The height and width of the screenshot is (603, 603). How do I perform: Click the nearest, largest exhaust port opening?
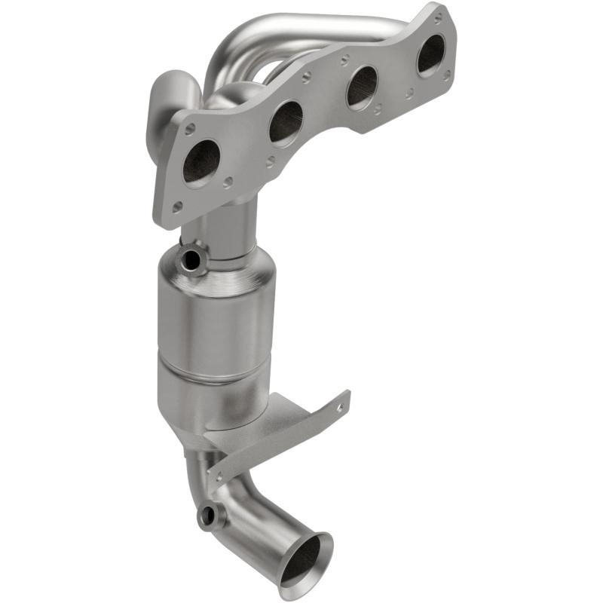[201, 161]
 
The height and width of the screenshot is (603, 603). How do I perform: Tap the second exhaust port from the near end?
[286, 121]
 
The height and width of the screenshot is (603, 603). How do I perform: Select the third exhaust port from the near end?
[362, 87]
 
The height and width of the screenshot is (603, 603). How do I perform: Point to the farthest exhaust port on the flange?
[431, 54]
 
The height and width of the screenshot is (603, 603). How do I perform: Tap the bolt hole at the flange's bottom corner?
[176, 206]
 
